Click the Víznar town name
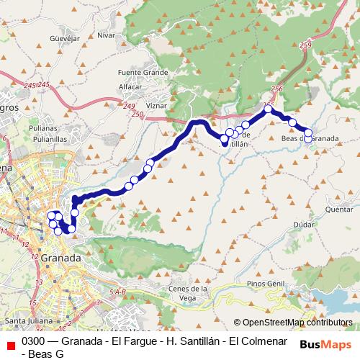(156, 104)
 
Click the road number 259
(307, 46)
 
